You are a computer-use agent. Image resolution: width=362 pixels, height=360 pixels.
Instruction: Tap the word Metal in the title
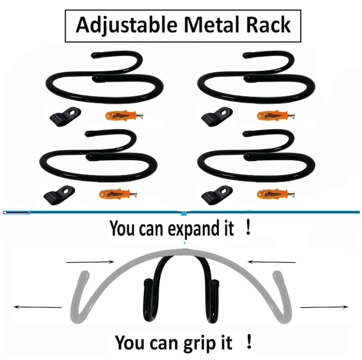[x=199, y=25]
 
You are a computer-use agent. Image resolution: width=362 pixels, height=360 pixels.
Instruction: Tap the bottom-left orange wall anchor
[x=118, y=193]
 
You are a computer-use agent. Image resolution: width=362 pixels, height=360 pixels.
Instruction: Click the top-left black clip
[x=64, y=116]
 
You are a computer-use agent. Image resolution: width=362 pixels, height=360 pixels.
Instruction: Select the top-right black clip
[x=216, y=116]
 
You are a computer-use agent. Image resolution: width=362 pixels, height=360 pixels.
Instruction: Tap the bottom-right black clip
[x=216, y=196]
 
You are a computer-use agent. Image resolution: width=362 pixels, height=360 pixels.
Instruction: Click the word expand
[x=189, y=230]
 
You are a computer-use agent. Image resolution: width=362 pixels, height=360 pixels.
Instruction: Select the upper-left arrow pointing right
[x=90, y=262]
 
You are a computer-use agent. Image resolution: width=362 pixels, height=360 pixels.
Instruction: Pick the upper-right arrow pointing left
[x=271, y=262]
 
